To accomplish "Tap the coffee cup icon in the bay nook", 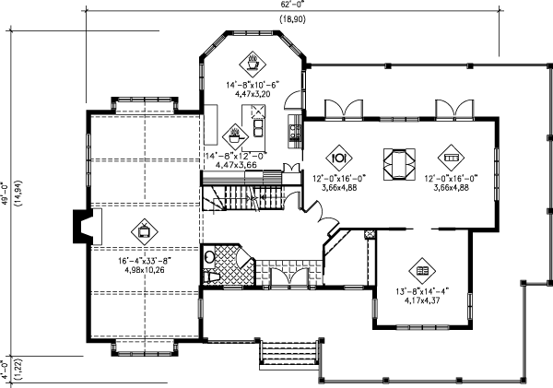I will click(x=252, y=65).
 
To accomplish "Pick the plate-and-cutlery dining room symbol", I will click(x=337, y=155).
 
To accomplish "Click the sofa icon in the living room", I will click(x=449, y=155).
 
